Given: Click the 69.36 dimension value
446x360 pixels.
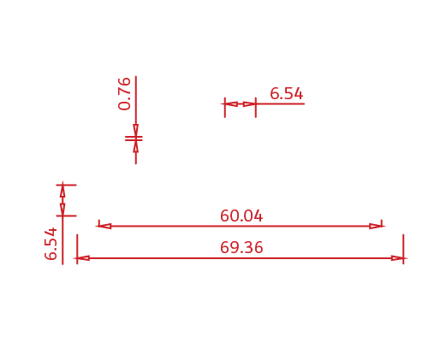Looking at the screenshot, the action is [x=241, y=247].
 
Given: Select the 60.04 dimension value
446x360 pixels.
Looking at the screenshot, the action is [x=241, y=215].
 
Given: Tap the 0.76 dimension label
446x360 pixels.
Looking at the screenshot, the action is [x=124, y=93].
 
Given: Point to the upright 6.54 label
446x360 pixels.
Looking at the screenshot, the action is [x=286, y=93].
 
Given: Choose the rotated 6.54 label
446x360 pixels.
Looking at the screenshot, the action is [x=51, y=244].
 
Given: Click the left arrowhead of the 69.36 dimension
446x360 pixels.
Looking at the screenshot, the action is [x=83, y=258].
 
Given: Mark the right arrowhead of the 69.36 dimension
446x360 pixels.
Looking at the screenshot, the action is [x=397, y=258].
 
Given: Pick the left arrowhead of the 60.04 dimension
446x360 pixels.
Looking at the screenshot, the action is [x=104, y=227].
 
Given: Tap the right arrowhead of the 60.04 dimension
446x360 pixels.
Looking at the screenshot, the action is [x=376, y=227].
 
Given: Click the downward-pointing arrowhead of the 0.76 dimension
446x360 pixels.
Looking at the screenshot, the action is [x=136, y=131].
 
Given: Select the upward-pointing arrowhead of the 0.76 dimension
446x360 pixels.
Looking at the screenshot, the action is [x=136, y=146].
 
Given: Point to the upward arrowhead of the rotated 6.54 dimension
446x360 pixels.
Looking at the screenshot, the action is [x=62, y=192].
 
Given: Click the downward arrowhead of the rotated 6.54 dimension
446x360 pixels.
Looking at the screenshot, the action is [x=62, y=210].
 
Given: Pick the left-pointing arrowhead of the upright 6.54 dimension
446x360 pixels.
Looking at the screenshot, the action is [x=231, y=103].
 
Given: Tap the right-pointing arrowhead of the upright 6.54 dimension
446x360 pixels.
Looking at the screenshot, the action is [x=249, y=103].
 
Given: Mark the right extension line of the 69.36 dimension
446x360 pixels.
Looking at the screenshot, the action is [x=403, y=249].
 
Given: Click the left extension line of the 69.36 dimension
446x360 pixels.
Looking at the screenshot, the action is [x=77, y=249].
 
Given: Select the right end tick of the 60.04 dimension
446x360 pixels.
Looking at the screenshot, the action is [x=382, y=223].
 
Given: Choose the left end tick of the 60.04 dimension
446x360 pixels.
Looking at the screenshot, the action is [x=98, y=223].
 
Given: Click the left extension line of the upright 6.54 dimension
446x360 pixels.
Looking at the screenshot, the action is [x=225, y=108].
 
